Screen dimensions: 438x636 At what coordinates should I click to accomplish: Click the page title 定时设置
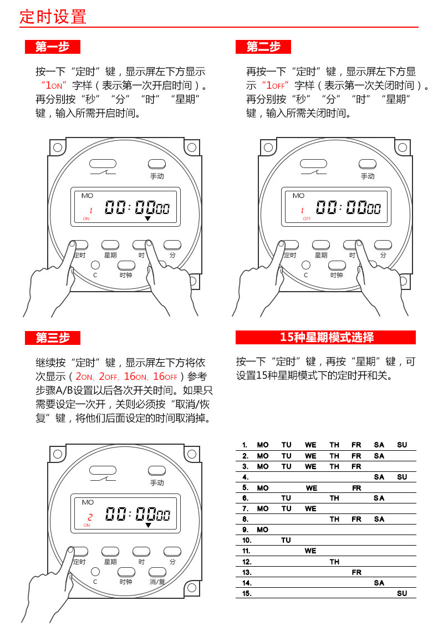(x=53, y=17)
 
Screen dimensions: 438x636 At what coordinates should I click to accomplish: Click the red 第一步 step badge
(x=53, y=47)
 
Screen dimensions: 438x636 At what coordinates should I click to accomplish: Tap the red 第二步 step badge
(x=263, y=47)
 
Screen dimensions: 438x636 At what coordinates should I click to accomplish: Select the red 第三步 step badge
(x=53, y=338)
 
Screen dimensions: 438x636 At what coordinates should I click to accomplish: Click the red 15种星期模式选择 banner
(x=325, y=337)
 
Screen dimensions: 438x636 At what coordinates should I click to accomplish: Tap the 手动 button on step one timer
(x=157, y=164)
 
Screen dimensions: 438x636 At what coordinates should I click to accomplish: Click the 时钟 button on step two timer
(x=337, y=265)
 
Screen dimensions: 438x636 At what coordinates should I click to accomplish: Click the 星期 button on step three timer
(x=110, y=552)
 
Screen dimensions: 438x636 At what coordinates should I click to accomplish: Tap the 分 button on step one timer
(x=172, y=245)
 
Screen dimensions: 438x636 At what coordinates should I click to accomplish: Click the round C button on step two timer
(x=306, y=265)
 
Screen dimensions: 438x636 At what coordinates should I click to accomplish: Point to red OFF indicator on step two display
(x=307, y=218)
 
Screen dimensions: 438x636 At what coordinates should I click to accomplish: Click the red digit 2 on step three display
(x=90, y=517)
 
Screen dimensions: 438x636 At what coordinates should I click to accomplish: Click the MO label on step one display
(x=87, y=196)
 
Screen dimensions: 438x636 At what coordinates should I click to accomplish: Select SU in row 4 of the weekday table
(x=402, y=477)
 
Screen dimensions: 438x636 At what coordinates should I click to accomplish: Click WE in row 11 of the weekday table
(x=310, y=551)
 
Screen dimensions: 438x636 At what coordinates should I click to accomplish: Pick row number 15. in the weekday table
(x=247, y=593)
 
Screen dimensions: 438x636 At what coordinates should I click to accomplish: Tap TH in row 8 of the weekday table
(x=334, y=519)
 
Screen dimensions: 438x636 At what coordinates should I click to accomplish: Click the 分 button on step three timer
(x=172, y=552)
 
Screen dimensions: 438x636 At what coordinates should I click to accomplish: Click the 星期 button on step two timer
(x=321, y=245)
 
